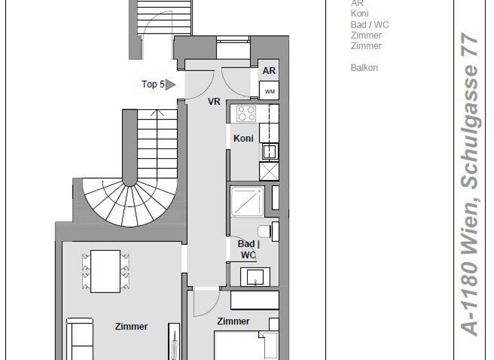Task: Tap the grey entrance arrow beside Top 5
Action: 170,84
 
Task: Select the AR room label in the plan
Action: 270,71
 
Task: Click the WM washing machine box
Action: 270,91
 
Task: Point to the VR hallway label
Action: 214,102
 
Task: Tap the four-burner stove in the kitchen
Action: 246,114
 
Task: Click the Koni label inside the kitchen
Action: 243,138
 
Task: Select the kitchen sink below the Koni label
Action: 269,152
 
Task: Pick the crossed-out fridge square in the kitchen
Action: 268,171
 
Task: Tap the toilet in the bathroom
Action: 266,231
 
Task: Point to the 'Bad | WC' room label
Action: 248,249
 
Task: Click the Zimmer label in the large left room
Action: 131,327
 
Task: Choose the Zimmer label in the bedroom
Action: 233,321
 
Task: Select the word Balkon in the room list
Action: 364,67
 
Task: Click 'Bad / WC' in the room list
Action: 369,24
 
